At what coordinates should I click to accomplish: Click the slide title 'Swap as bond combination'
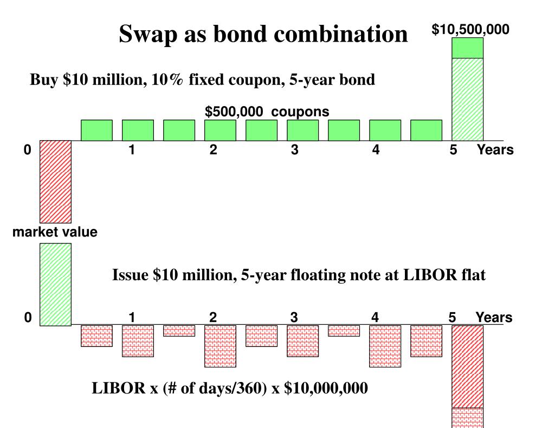[263, 34]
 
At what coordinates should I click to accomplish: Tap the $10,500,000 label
[470, 30]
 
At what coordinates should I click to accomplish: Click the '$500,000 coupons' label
[267, 111]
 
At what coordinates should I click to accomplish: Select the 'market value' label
[55, 233]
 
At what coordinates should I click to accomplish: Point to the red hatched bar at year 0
[55, 181]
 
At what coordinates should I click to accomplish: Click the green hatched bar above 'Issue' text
[55, 284]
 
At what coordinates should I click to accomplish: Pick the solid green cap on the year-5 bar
[468, 48]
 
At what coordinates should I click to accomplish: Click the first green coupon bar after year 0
[96, 130]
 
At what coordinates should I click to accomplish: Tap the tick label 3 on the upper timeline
[294, 150]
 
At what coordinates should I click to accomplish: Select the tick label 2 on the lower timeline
[213, 318]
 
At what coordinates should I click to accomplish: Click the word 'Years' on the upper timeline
[495, 150]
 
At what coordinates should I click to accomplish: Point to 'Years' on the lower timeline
[494, 318]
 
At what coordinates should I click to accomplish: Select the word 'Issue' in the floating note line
[130, 275]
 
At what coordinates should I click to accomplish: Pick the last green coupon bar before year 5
[426, 130]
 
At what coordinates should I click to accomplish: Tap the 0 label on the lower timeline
[28, 318]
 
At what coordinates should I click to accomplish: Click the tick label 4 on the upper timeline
[376, 150]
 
